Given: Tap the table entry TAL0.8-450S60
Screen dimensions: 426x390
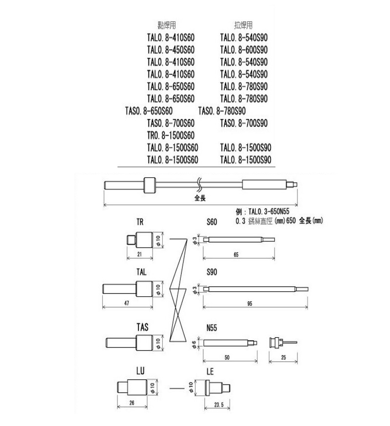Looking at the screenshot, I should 171,50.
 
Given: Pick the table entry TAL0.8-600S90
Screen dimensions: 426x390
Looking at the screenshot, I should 244,50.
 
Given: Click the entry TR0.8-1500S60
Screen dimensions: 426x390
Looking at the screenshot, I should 171,135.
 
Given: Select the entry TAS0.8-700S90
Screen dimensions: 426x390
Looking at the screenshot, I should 244,123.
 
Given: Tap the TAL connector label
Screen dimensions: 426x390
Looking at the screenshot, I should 142,272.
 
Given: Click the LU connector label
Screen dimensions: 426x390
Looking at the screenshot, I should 140,371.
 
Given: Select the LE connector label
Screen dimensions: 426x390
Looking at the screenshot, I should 211,371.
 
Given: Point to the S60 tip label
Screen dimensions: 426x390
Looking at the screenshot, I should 212,222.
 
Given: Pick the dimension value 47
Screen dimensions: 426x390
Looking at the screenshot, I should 127,303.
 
